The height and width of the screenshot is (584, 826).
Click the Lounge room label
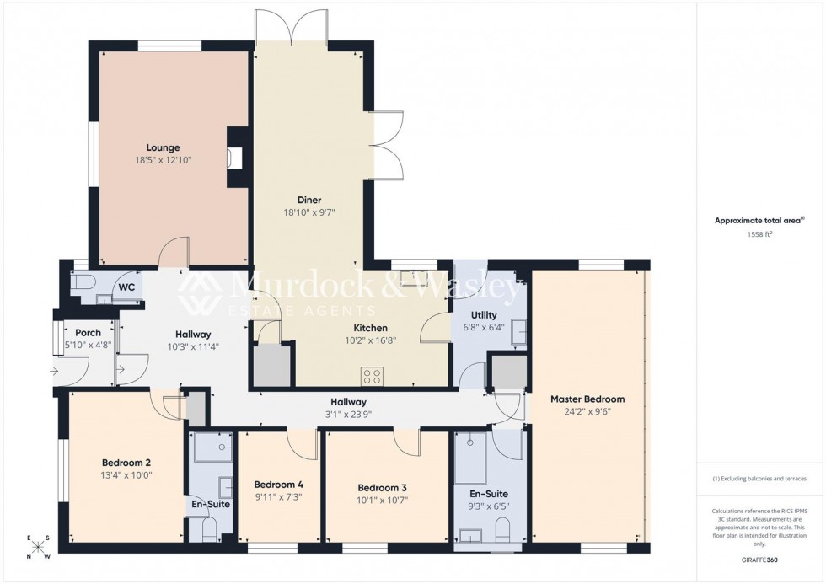[163, 147]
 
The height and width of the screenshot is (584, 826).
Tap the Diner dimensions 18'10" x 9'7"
[309, 212]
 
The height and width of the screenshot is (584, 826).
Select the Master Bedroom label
[587, 399]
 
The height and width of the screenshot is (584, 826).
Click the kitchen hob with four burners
[373, 375]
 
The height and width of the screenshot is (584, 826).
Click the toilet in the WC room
[82, 287]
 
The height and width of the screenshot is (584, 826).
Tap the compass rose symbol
[38, 547]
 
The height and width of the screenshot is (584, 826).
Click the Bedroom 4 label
[278, 485]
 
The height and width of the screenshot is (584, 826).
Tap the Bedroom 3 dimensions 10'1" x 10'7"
[382, 500]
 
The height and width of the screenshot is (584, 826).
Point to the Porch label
[88, 333]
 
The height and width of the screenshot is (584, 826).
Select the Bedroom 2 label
[126, 463]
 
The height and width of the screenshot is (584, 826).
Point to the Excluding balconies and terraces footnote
[759, 478]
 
